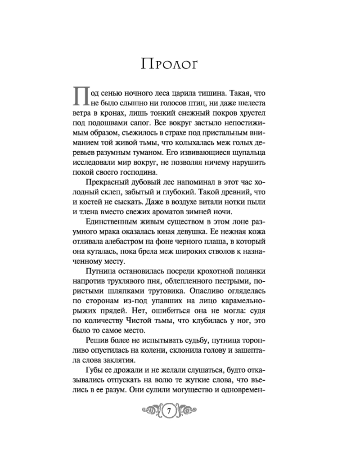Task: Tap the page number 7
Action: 168,410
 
